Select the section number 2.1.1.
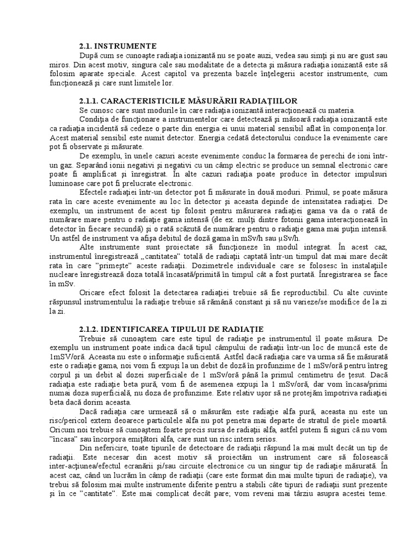90,101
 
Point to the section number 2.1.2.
90,330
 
